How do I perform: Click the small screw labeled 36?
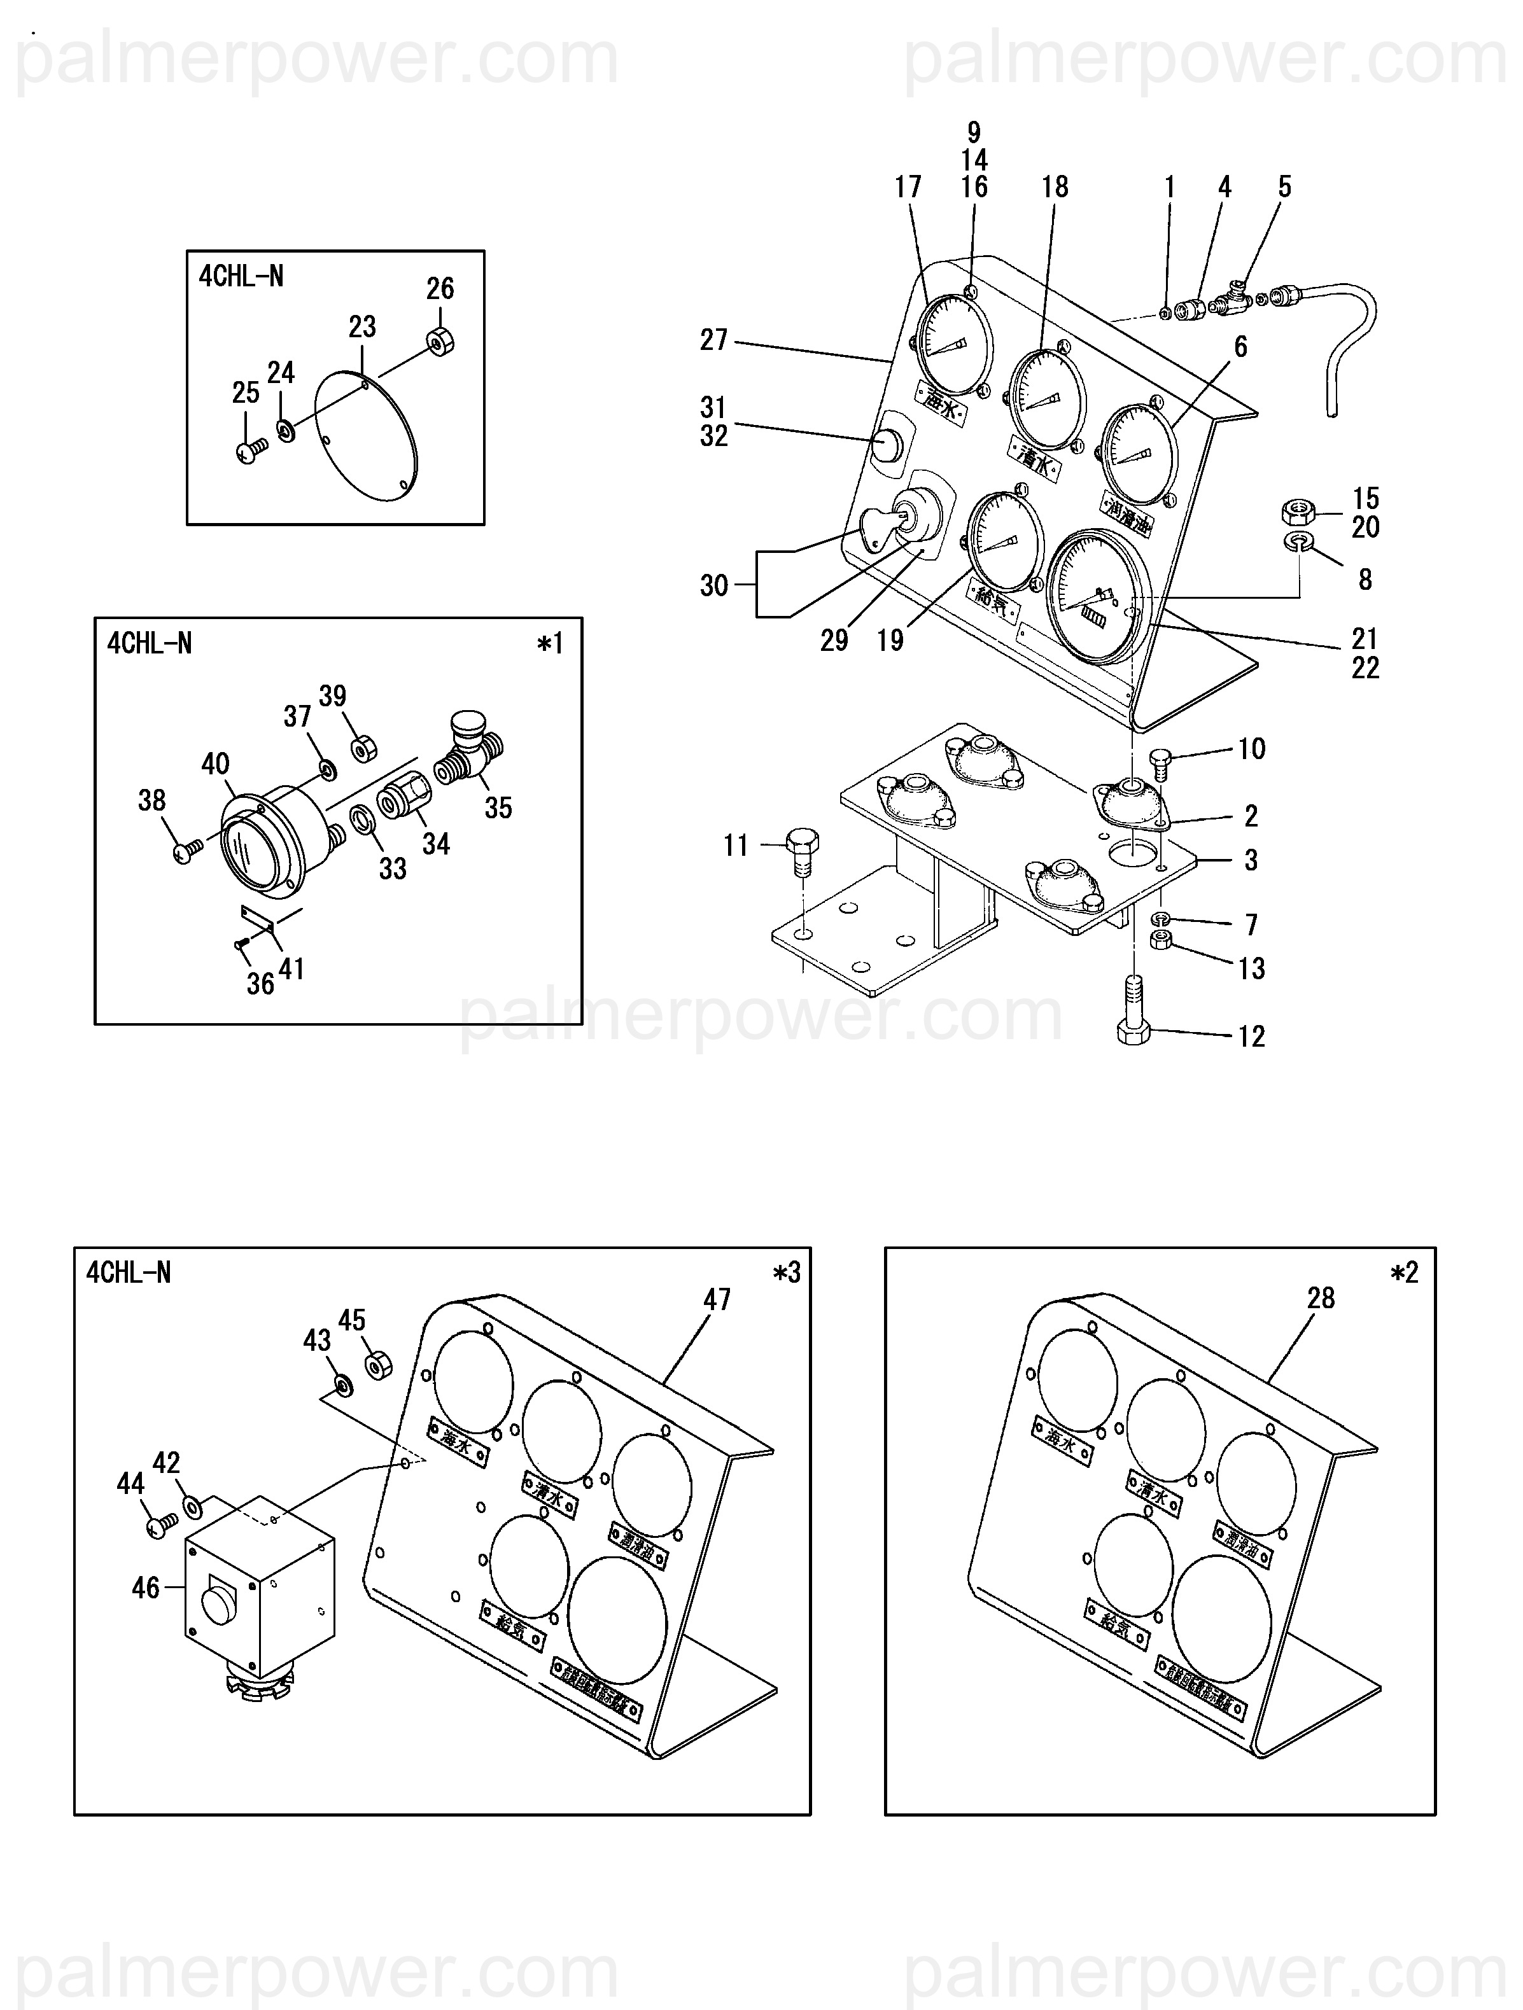tap(241, 946)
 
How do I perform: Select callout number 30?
tap(713, 585)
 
